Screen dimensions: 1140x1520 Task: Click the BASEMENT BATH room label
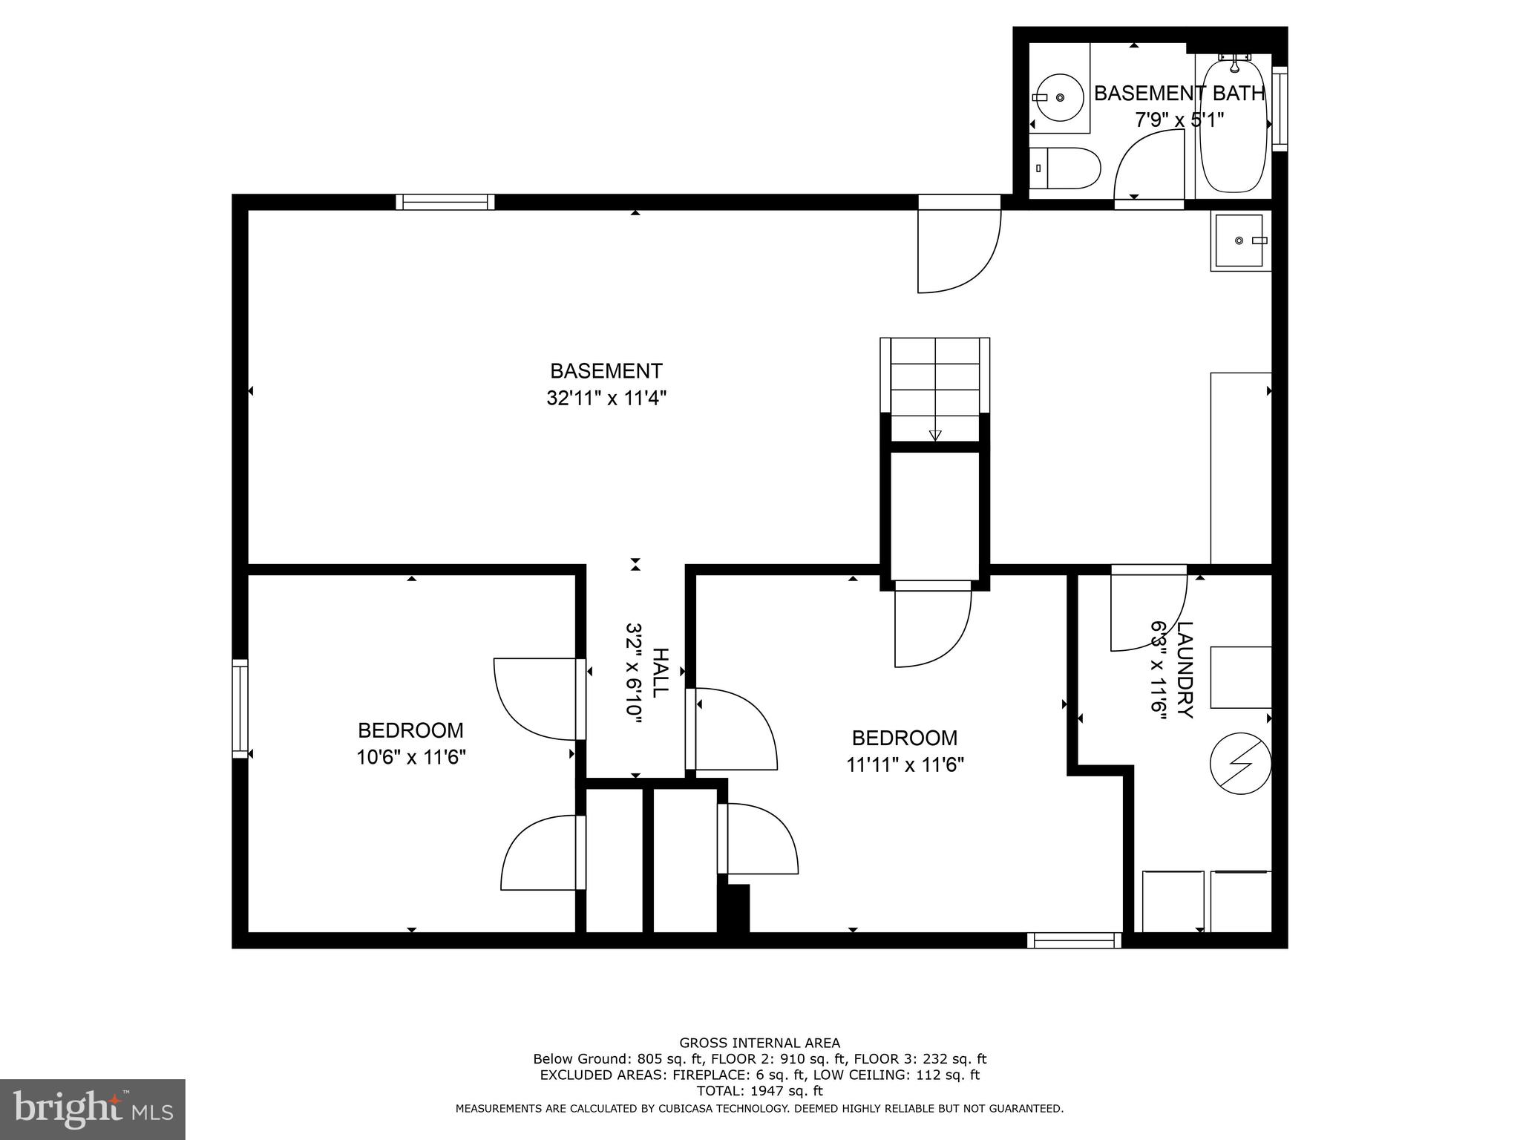1179,94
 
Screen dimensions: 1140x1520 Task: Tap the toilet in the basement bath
1064,168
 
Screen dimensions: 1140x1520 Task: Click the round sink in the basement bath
1059,97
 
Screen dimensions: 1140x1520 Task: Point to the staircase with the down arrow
934,390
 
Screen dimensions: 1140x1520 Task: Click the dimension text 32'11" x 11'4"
606,399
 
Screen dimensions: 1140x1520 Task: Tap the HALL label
660,672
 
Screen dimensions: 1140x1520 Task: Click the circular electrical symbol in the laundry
1240,764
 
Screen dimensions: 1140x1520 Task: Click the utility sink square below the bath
1239,240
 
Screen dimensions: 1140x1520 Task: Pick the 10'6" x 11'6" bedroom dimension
410,758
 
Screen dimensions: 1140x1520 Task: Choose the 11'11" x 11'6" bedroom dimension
905,765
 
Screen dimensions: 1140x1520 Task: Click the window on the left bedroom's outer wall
240,708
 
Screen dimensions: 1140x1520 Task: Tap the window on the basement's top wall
445,202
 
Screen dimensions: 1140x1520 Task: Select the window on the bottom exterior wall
1074,940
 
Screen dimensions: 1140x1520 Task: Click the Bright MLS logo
92,1109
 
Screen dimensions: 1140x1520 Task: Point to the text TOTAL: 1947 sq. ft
759,1091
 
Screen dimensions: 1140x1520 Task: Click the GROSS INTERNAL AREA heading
759,1044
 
